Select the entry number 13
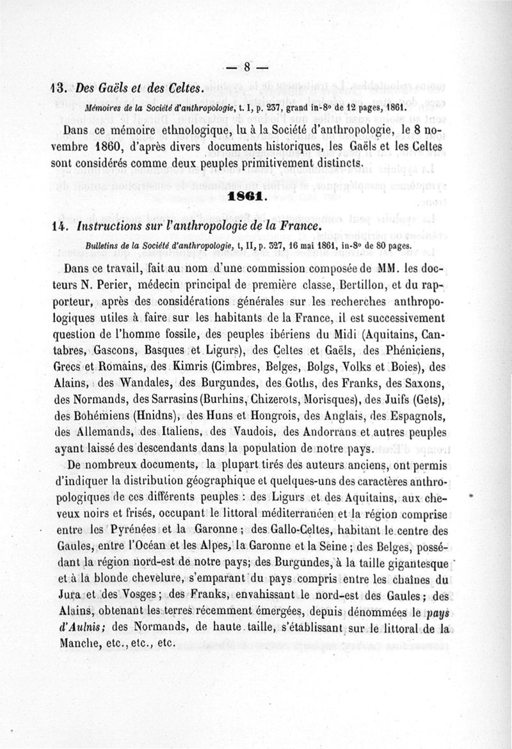click(x=60, y=88)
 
